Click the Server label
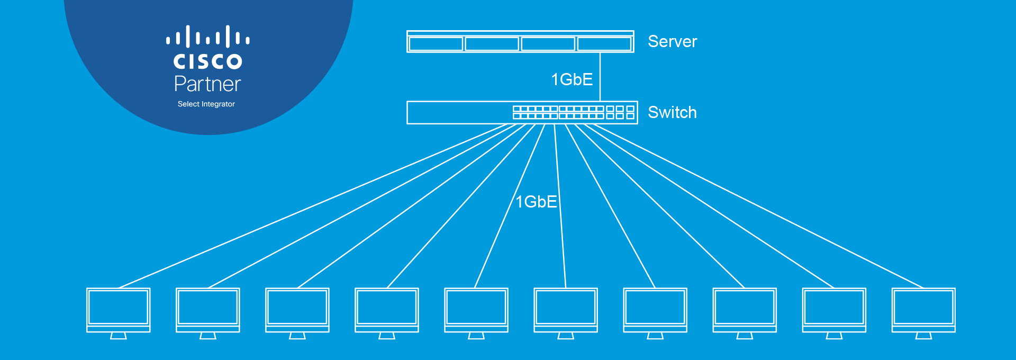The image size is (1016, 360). pos(672,41)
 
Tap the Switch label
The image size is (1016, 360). pos(672,112)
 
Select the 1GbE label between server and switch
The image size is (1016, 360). pos(571,79)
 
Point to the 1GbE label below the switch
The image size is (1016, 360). pos(536,202)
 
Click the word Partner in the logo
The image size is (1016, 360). pos(207,84)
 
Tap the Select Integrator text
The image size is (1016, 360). pos(206,104)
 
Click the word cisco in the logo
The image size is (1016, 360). pos(207,61)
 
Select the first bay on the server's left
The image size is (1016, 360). pos(436,43)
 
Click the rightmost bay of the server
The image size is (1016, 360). pos(604,43)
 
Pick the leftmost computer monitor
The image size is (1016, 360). pos(119,313)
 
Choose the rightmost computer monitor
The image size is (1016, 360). pos(923,313)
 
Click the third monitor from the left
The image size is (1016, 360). pos(297,313)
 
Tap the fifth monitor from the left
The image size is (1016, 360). pos(476,313)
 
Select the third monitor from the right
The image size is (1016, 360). pos(745,313)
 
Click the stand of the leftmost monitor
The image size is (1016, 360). pos(119,336)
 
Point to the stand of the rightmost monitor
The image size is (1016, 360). pos(923,336)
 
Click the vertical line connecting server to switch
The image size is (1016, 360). pos(600,77)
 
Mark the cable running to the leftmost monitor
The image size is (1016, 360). pos(313,206)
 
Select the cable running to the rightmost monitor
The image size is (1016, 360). pos(757,206)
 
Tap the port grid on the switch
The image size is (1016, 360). pos(574,112)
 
